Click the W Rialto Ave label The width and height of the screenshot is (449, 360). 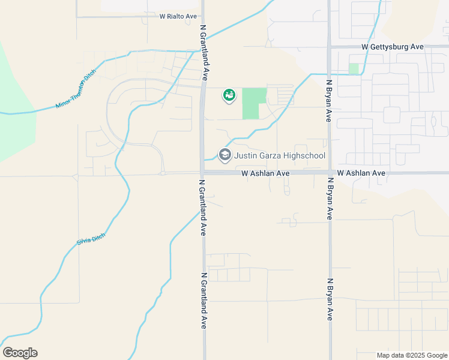178,17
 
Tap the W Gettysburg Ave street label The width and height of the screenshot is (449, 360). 393,47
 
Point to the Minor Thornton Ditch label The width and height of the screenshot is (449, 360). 76,89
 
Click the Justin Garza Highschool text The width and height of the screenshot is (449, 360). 280,156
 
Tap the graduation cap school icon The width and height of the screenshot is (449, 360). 225,155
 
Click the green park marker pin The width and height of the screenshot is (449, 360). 229,95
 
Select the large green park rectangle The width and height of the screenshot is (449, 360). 253,103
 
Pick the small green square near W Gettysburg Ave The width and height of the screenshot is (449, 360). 354,68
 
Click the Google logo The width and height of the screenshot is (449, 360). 20,353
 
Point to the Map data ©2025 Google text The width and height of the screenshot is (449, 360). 412,355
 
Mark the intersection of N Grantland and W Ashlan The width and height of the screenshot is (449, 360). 203,173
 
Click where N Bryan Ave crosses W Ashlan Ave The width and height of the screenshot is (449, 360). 330,173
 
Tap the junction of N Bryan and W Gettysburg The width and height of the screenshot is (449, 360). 330,47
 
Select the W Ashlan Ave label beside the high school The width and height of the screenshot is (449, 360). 266,173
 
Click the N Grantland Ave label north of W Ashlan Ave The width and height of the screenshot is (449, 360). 204,52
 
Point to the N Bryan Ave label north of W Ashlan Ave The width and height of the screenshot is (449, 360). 329,100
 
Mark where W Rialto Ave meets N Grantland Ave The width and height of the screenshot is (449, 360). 202,17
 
